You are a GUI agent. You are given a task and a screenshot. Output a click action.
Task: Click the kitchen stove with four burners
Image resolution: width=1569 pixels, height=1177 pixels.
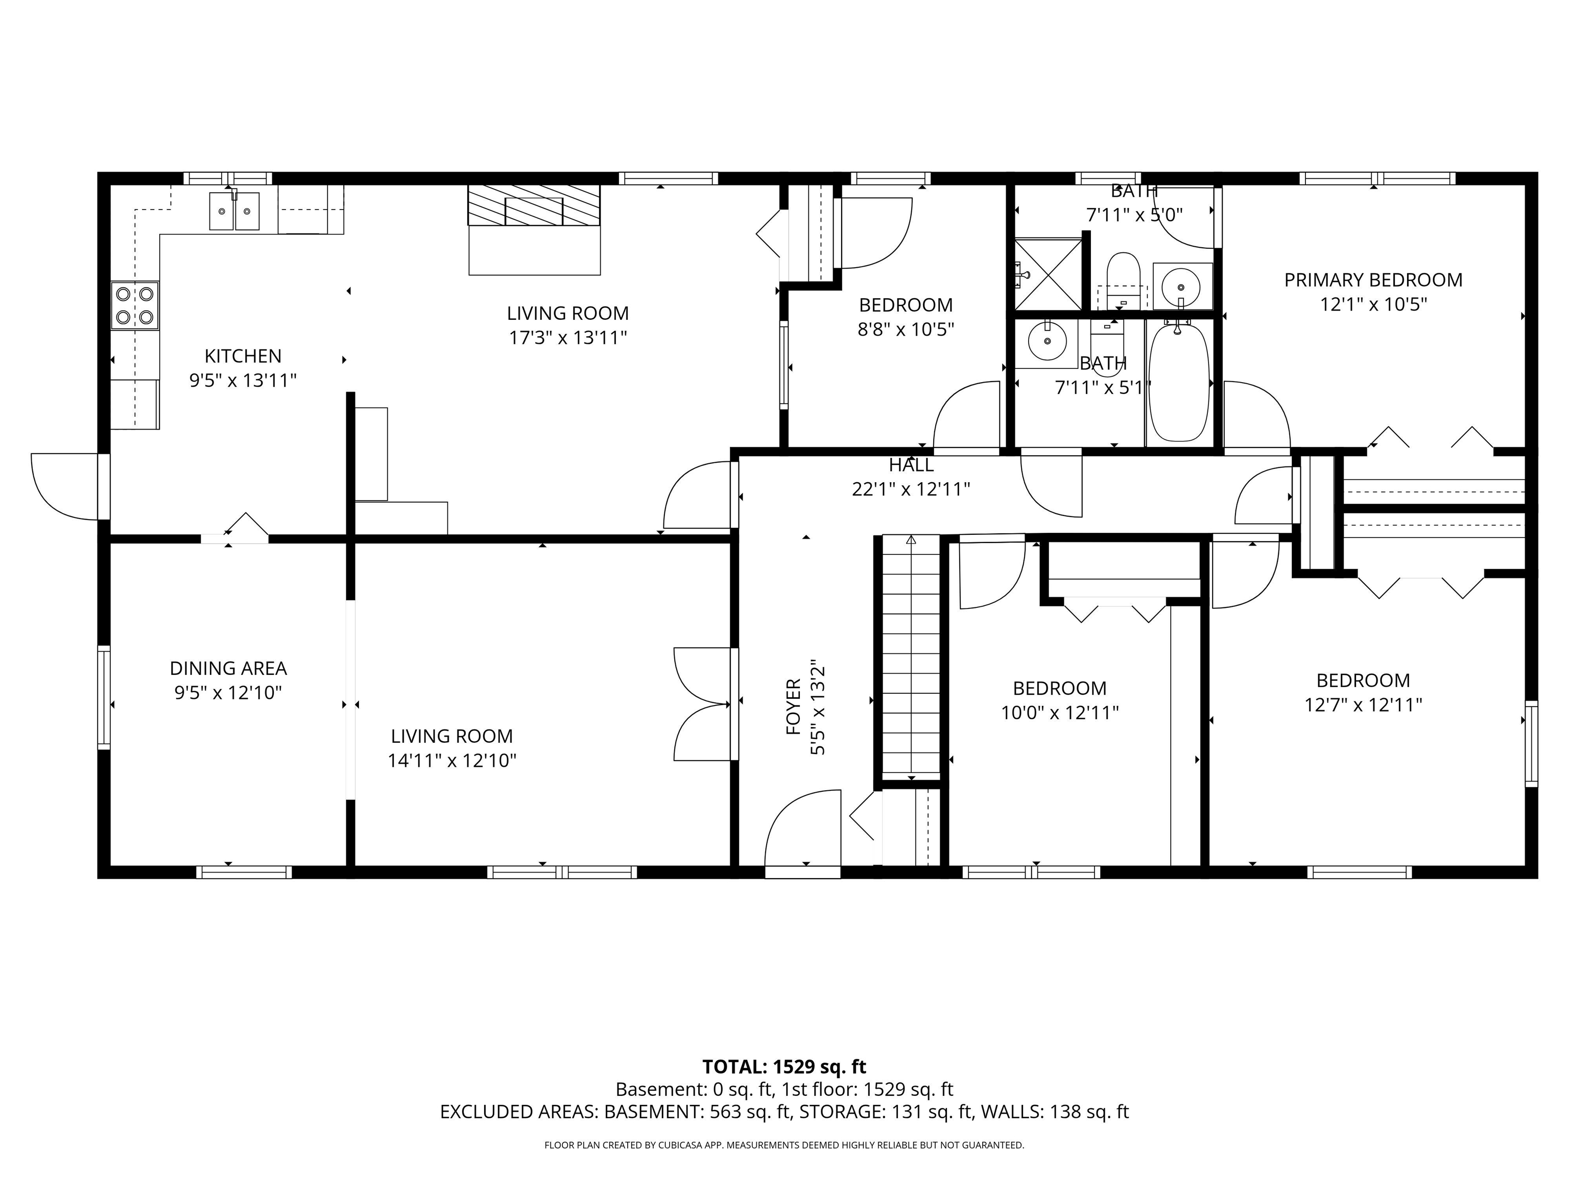coord(135,305)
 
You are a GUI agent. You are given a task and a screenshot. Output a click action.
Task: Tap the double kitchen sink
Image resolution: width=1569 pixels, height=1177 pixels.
coord(233,210)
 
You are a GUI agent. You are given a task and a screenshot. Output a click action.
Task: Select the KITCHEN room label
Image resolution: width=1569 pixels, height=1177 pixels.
coord(243,356)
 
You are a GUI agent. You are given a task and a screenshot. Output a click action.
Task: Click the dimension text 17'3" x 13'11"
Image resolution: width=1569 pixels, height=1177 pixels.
coord(567,338)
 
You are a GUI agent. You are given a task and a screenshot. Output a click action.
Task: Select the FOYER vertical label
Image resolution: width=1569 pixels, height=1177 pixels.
coord(793,706)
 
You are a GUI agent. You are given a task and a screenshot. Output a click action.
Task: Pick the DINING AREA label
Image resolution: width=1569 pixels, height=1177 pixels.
coord(228,668)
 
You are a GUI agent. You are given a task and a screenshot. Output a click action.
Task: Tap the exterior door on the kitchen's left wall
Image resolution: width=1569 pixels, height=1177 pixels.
coord(65,486)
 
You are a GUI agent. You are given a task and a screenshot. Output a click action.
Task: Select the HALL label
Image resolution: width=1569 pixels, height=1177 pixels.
coord(911,465)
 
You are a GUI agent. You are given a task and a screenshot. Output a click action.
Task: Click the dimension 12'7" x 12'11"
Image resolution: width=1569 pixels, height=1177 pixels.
coord(1363,705)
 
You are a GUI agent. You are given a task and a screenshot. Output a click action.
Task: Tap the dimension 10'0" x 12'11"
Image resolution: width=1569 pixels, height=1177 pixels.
coord(1059,712)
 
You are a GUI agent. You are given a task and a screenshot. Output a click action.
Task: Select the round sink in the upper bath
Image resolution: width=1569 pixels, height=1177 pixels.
coord(1181,287)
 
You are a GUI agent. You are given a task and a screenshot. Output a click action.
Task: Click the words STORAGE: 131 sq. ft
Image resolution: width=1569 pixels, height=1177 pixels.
coord(885,1112)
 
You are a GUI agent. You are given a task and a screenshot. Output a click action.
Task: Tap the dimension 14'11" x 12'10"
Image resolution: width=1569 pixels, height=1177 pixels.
coord(452,761)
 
